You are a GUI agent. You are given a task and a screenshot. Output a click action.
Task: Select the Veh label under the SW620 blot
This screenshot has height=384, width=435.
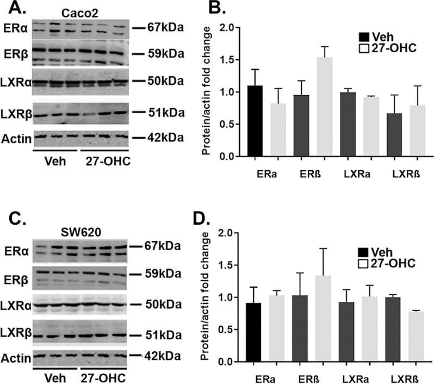pos(56,376)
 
